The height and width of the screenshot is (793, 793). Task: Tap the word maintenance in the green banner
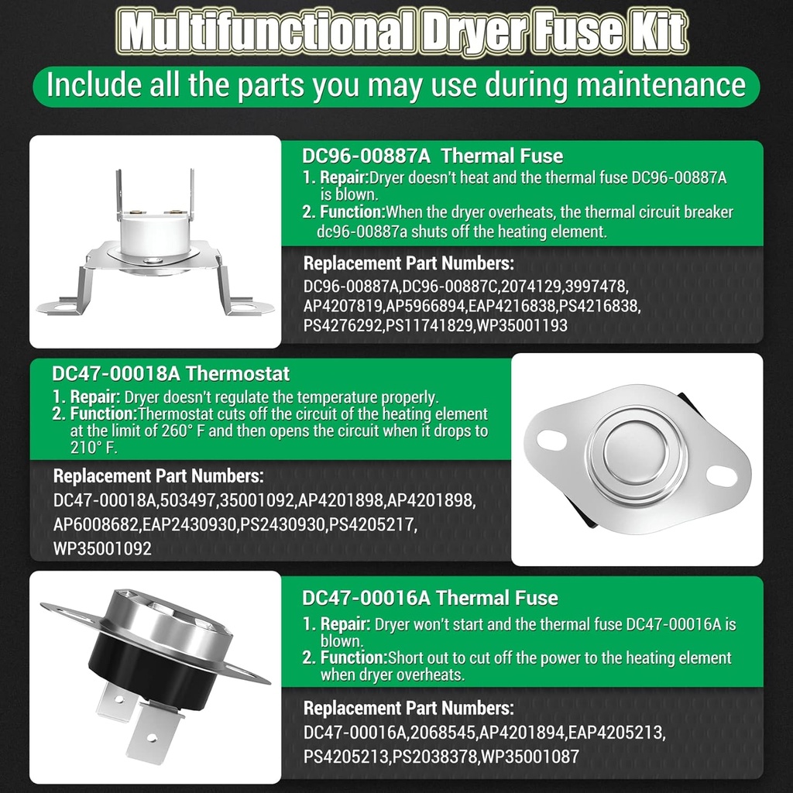pyautogui.click(x=661, y=84)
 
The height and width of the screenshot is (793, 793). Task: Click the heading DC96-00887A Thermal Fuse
pyautogui.click(x=432, y=156)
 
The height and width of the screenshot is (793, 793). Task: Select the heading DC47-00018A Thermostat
pyautogui.click(x=170, y=374)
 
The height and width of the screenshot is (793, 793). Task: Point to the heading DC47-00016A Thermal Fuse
pyautogui.click(x=430, y=598)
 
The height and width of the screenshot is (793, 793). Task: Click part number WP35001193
pyautogui.click(x=523, y=325)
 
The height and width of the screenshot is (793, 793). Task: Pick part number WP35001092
pyautogui.click(x=102, y=549)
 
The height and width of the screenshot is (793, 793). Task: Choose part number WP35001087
pyautogui.click(x=530, y=757)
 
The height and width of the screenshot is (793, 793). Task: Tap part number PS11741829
pyautogui.click(x=429, y=325)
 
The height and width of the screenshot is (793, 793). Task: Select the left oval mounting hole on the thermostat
pyautogui.click(x=551, y=439)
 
